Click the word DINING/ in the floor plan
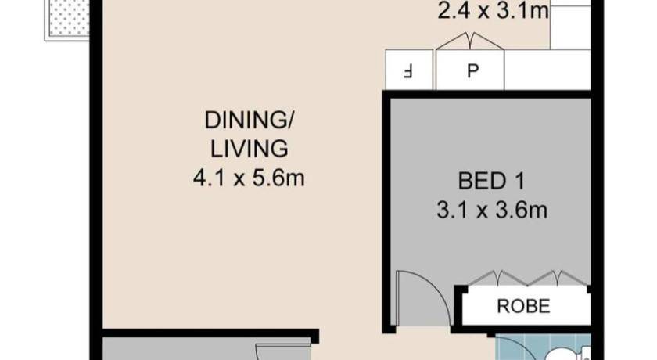(x=249, y=121)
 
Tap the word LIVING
(x=249, y=149)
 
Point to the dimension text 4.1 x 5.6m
(x=249, y=178)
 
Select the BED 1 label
(x=491, y=182)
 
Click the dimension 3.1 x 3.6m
(x=492, y=210)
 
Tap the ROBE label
(x=523, y=306)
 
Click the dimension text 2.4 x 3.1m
(x=494, y=11)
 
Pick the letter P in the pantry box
(x=473, y=71)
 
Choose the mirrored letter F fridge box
(x=408, y=71)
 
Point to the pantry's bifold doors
(x=470, y=41)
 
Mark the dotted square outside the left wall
(x=69, y=20)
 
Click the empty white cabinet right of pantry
(x=547, y=70)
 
